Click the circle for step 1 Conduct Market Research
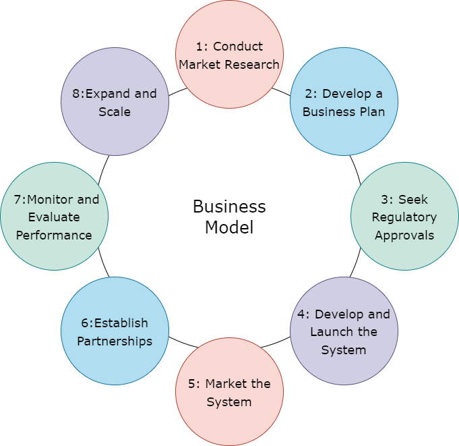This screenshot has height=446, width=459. pyautogui.click(x=229, y=55)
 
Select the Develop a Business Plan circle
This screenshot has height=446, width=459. pyautogui.click(x=344, y=102)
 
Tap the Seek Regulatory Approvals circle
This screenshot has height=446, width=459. pyautogui.click(x=404, y=217)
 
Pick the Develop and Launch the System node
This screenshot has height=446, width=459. pyautogui.click(x=344, y=331)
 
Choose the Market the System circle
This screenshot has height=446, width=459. pyautogui.click(x=229, y=392)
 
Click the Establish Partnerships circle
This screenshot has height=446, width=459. pyautogui.click(x=115, y=331)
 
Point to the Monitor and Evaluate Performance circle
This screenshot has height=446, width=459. pyautogui.click(x=54, y=217)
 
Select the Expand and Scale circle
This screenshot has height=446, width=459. pyautogui.click(x=115, y=102)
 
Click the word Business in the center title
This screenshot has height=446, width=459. pyautogui.click(x=229, y=206)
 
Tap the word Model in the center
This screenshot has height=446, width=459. pyautogui.click(x=229, y=227)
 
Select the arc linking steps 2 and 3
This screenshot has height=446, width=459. pyautogui.click(x=355, y=165)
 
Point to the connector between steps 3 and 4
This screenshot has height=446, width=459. pyautogui.click(x=355, y=268)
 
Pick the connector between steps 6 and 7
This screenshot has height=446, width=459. pyautogui.click(x=103, y=268)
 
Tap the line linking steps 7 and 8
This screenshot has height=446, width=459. pyautogui.click(x=103, y=165)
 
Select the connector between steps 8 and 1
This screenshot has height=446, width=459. pyautogui.click(x=177, y=91)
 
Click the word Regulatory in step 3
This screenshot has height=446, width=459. pyautogui.click(x=404, y=217)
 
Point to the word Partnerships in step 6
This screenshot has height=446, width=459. pyautogui.click(x=115, y=341)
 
